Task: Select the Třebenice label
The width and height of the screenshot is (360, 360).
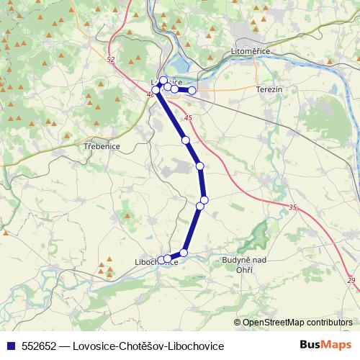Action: coord(101,145)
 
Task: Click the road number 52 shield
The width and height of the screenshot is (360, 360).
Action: coord(109,60)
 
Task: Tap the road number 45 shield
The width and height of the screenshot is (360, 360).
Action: coord(189,117)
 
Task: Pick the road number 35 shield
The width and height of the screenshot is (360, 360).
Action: coord(292,207)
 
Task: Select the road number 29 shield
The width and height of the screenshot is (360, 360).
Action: coord(351,280)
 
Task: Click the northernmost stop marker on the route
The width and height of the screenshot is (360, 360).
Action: coord(163,81)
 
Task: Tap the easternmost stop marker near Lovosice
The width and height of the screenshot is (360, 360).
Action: coord(192,91)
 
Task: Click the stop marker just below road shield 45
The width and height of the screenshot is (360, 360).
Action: coord(186,140)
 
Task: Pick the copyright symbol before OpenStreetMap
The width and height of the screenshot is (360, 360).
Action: coord(237,323)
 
